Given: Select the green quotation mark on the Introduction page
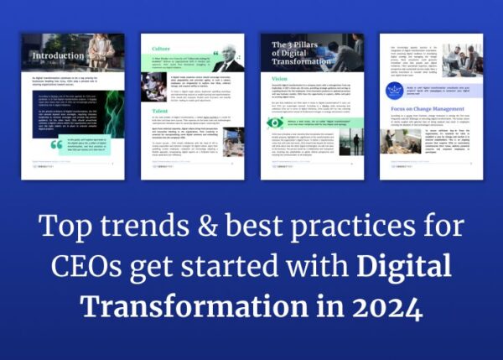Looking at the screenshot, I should click(x=56, y=144).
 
